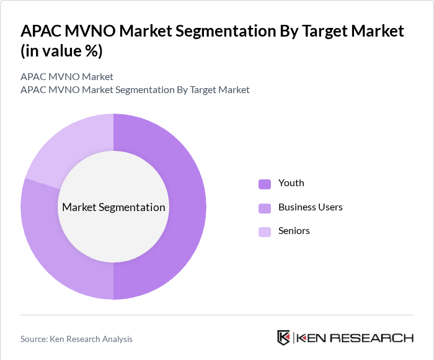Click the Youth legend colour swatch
pyautogui.click(x=265, y=184)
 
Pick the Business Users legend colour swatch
pyautogui.click(x=265, y=207)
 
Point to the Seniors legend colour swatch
pyautogui.click(x=265, y=232)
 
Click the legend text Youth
pyautogui.click(x=291, y=183)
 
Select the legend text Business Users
pyautogui.click(x=310, y=207)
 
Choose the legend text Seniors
pyautogui.click(x=294, y=231)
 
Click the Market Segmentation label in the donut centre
pyautogui.click(x=113, y=207)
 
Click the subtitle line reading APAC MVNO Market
pyautogui.click(x=67, y=77)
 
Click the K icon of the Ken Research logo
pyautogui.click(x=284, y=338)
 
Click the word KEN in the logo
pyautogui.click(x=314, y=338)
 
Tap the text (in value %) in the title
pyautogui.click(x=61, y=51)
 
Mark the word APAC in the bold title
pyautogui.click(x=42, y=30)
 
